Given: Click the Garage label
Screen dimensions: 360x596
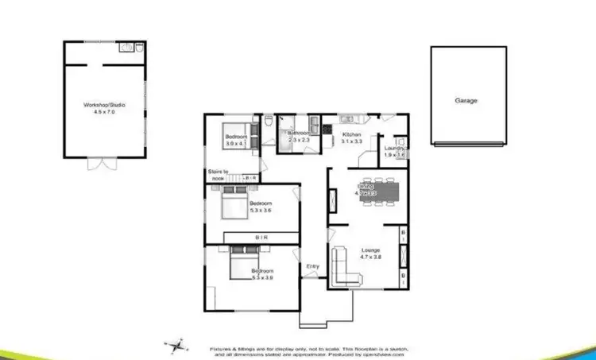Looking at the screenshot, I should coord(466,101).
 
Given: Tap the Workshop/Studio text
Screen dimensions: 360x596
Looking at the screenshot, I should coord(104,104).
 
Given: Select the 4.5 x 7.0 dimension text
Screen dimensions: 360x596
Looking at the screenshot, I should coord(104,113).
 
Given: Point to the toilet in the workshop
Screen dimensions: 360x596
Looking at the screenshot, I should coord(137,48).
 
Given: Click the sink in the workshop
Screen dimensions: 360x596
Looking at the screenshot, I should coord(126,48).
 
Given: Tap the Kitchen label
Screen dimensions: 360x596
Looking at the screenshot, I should coord(352,135).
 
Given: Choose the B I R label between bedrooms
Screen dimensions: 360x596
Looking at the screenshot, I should coord(261,238).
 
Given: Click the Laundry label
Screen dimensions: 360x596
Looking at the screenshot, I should coord(394,148).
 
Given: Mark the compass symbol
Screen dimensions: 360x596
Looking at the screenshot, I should coord(176,345).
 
